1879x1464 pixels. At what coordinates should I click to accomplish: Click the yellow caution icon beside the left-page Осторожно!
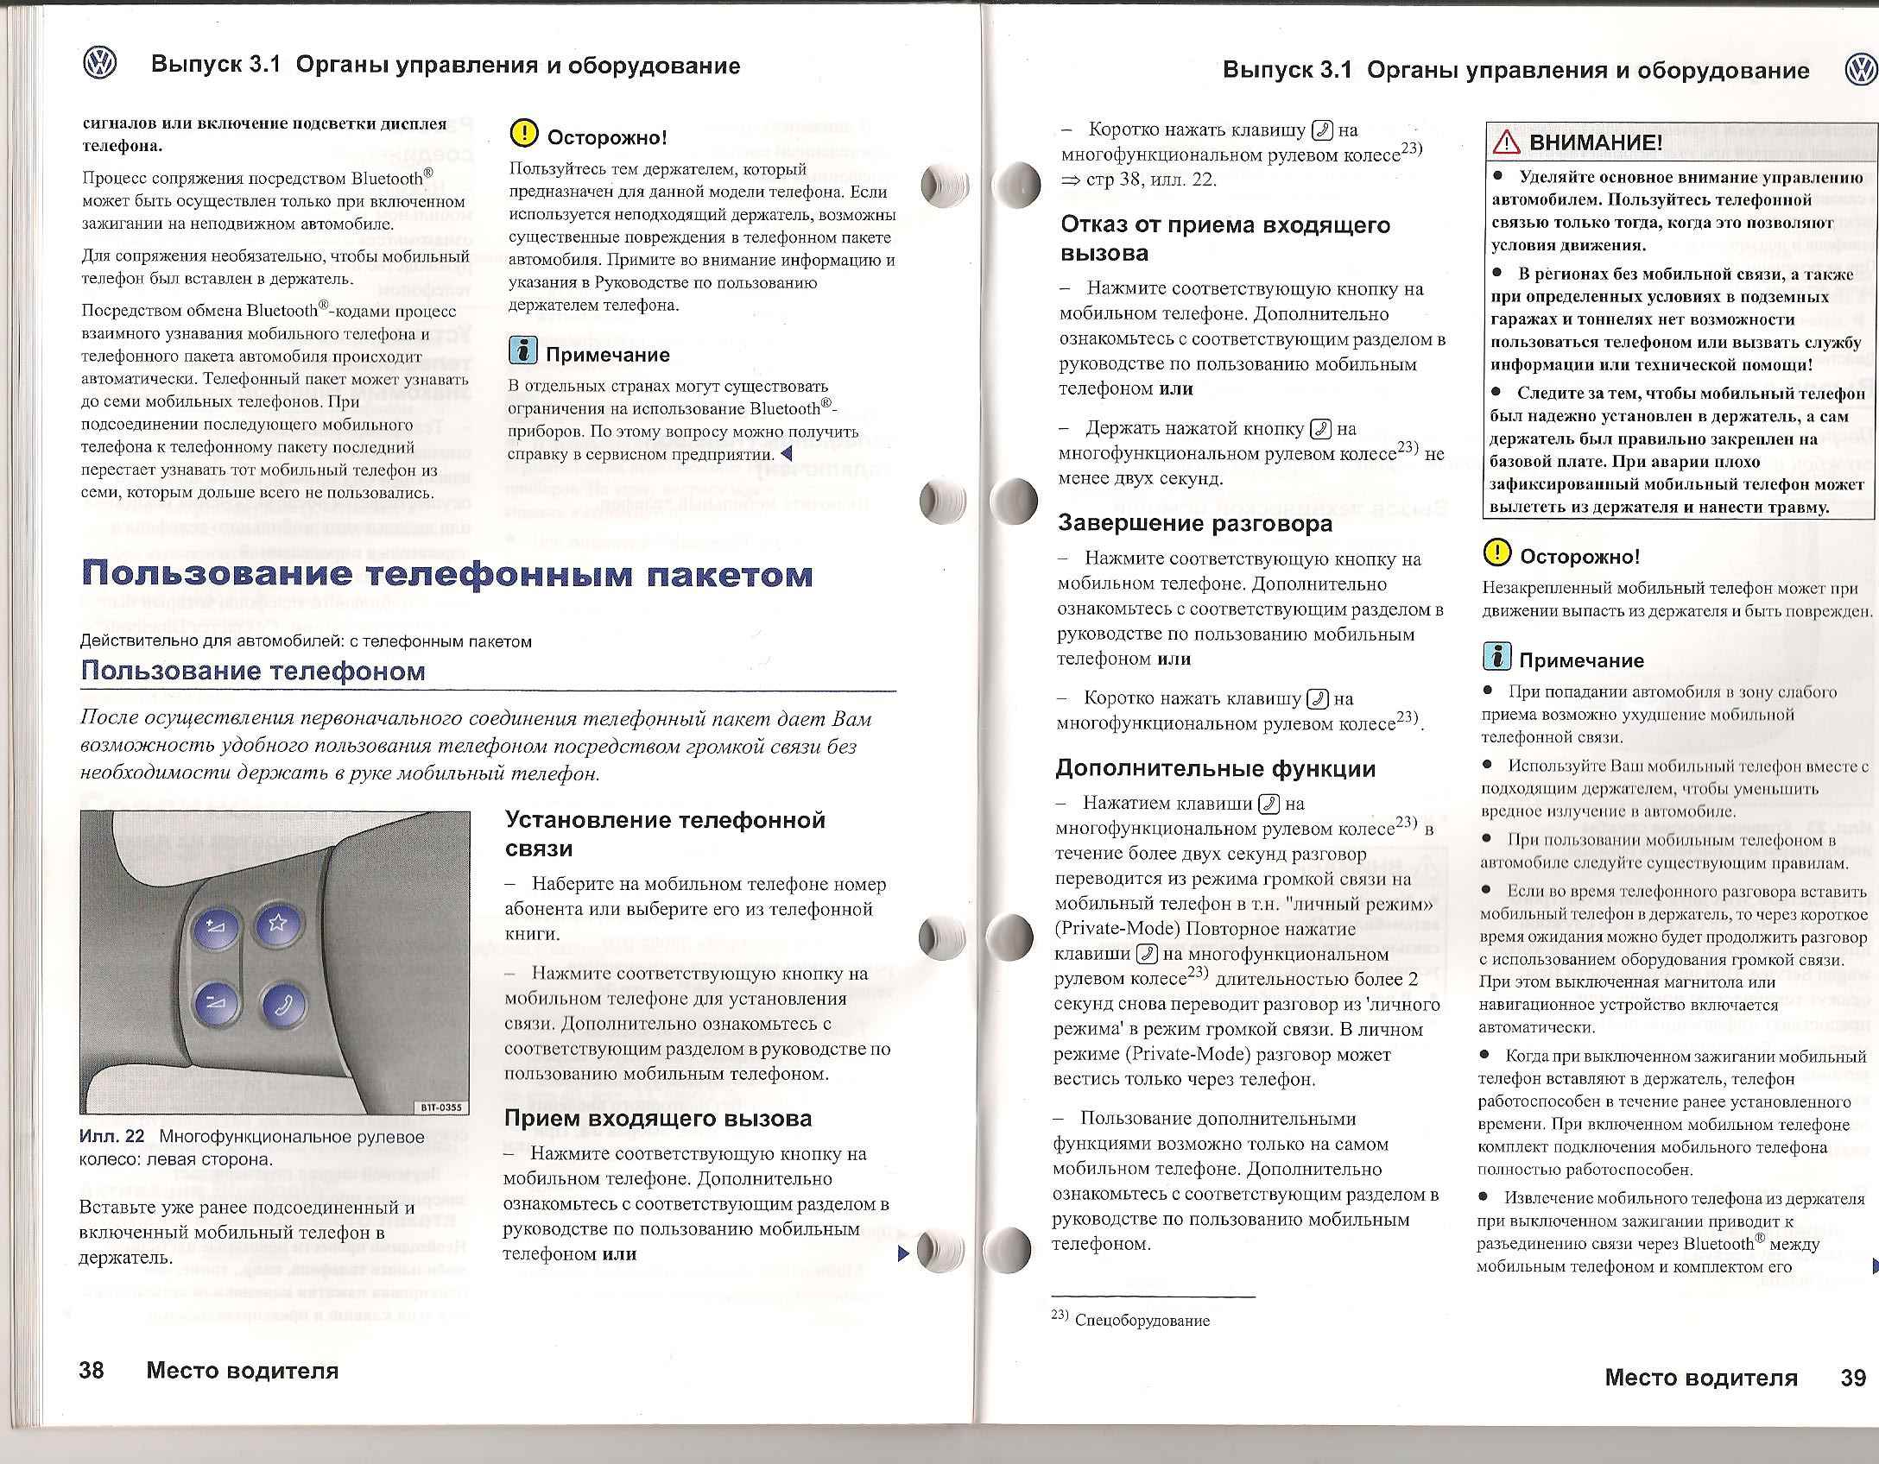pos(523,133)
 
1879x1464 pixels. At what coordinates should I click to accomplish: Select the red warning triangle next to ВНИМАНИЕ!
pos(1509,142)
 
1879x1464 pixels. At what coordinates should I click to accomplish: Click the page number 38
pos(92,1370)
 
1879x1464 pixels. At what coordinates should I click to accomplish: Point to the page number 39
pos(1853,1377)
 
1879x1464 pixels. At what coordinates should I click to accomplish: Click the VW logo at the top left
pos(100,64)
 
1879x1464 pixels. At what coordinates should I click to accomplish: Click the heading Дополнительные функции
pos(1215,769)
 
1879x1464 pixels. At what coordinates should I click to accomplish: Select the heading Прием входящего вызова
pos(658,1119)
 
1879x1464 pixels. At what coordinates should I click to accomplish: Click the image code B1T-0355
pos(442,1109)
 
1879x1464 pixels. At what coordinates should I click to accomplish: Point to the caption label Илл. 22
pos(112,1137)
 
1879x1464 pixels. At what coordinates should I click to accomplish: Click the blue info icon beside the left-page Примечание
pos(523,351)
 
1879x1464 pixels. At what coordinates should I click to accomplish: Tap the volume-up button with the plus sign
pos(213,930)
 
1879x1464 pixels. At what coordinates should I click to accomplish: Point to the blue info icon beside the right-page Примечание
pos(1496,657)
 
